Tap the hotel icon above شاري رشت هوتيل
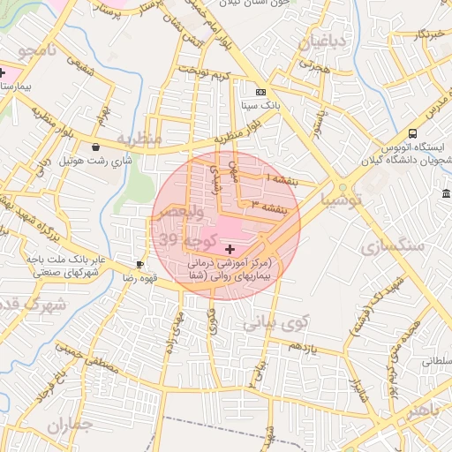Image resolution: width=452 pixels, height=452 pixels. click(x=94, y=147)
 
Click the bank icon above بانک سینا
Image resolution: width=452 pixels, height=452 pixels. click(x=260, y=92)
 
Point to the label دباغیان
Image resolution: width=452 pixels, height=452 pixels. click(x=326, y=41)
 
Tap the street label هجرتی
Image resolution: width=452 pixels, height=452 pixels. click(x=313, y=65)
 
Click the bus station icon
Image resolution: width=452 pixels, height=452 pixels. click(x=413, y=132)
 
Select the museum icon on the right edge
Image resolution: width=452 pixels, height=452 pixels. click(x=447, y=193)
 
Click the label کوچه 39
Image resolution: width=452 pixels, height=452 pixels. click(x=180, y=237)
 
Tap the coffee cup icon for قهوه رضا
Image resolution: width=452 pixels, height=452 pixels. click(x=139, y=264)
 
